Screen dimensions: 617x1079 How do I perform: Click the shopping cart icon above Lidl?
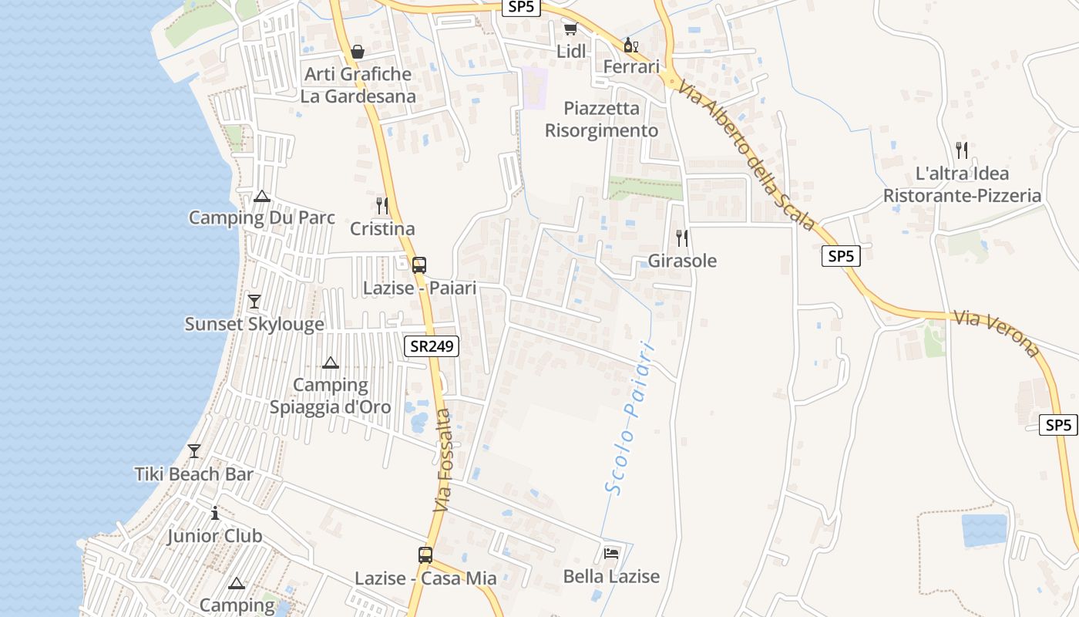[x=570, y=29]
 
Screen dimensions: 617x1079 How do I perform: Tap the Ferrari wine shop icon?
[x=630, y=46]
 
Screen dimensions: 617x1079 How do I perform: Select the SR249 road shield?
[x=432, y=346]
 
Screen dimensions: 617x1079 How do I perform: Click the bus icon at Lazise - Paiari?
[x=419, y=265]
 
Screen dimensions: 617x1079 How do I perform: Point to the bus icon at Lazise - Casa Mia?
[x=425, y=555]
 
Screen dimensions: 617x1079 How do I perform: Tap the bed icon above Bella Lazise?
[x=611, y=554]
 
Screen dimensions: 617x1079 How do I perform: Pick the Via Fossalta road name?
[x=443, y=461]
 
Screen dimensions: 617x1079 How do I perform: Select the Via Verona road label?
[x=997, y=333]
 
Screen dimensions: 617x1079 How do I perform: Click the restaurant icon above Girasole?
[x=682, y=238]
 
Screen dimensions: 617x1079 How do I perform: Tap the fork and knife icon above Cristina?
[x=382, y=205]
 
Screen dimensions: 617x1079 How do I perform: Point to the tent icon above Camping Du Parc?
[x=262, y=196]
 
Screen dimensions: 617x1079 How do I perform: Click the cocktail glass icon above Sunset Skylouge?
[x=254, y=301]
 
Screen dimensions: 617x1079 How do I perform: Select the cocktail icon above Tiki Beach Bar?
[x=194, y=450]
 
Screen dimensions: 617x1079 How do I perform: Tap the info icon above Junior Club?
[x=215, y=513]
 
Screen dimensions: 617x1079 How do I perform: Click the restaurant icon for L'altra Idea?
[x=961, y=150]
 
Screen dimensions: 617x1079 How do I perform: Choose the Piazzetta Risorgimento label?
[x=601, y=120]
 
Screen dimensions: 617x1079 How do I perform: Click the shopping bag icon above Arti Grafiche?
[x=358, y=52]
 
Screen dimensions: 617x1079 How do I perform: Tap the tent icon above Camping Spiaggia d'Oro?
[x=331, y=362]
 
